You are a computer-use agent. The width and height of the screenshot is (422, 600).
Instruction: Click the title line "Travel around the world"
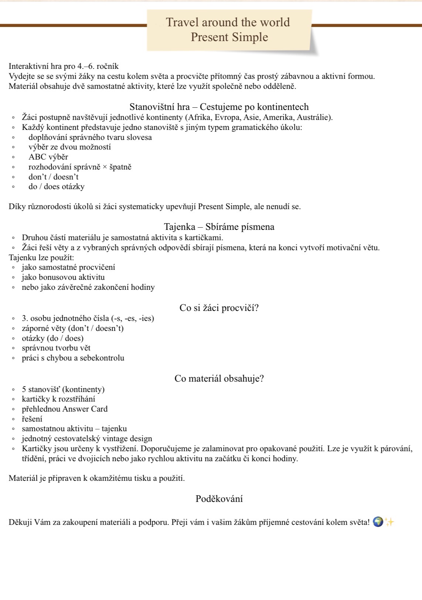[228, 22]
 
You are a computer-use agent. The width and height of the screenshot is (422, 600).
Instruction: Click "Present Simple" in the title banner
[229, 37]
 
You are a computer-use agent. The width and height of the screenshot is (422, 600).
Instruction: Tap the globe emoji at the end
[378, 522]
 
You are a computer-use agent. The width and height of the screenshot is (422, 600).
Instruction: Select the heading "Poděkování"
[219, 499]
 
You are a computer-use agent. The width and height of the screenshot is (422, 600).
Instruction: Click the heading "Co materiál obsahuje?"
[219, 379]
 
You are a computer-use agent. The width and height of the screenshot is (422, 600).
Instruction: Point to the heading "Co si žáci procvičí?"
[219, 308]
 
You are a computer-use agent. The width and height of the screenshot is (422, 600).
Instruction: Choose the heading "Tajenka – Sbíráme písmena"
[219, 227]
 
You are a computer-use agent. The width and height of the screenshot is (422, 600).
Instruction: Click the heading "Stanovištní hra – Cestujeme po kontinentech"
[219, 107]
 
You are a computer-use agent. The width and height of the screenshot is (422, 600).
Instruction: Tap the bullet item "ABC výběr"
[48, 157]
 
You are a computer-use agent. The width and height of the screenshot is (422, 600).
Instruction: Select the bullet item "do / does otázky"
[57, 187]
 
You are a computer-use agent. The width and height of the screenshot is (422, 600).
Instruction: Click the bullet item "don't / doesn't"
[54, 177]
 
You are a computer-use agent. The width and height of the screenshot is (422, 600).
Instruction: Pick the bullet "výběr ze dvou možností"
[69, 147]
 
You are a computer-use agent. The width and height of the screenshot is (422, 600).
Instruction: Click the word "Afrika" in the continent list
[200, 117]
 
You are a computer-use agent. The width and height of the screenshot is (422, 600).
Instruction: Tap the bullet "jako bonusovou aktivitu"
[63, 277]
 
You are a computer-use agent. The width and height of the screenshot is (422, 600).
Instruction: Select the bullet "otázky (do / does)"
[52, 338]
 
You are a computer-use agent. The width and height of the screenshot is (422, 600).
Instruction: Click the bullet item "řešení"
[32, 419]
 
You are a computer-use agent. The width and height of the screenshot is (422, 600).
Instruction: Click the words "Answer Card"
[85, 409]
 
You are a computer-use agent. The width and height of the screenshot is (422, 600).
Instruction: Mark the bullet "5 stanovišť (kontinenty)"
[63, 389]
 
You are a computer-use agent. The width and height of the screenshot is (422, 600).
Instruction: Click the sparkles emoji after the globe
[389, 522]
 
